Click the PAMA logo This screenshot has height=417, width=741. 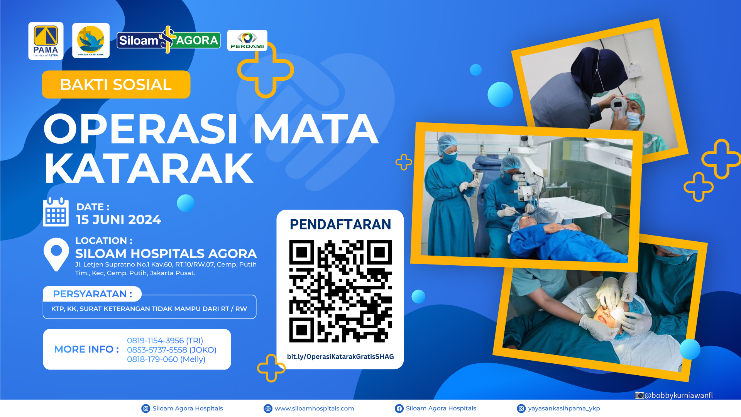(46, 41)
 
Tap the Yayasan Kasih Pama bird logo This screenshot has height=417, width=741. (91, 41)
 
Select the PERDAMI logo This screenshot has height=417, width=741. (247, 41)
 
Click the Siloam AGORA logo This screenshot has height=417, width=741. (169, 40)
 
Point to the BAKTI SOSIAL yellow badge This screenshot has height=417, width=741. (116, 85)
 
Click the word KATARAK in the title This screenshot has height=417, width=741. (149, 168)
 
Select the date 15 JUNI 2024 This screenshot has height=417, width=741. (118, 220)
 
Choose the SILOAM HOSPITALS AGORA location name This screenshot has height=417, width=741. (166, 254)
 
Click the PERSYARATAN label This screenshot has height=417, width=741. (93, 294)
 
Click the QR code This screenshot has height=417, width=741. (340, 291)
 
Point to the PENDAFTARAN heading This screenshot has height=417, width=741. (340, 224)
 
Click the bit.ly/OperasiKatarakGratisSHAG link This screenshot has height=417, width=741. (340, 356)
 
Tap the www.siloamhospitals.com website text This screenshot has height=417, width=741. (314, 409)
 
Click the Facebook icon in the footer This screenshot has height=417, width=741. (399, 409)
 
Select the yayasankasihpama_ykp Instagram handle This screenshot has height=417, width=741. (564, 409)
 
